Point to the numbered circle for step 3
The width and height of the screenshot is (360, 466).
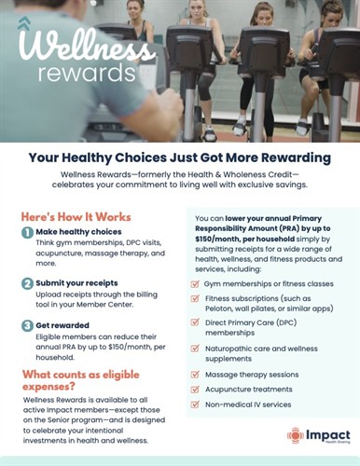click(x=28, y=326)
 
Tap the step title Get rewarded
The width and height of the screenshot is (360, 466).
click(x=66, y=326)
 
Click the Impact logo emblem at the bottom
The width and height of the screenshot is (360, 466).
click(x=295, y=436)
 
